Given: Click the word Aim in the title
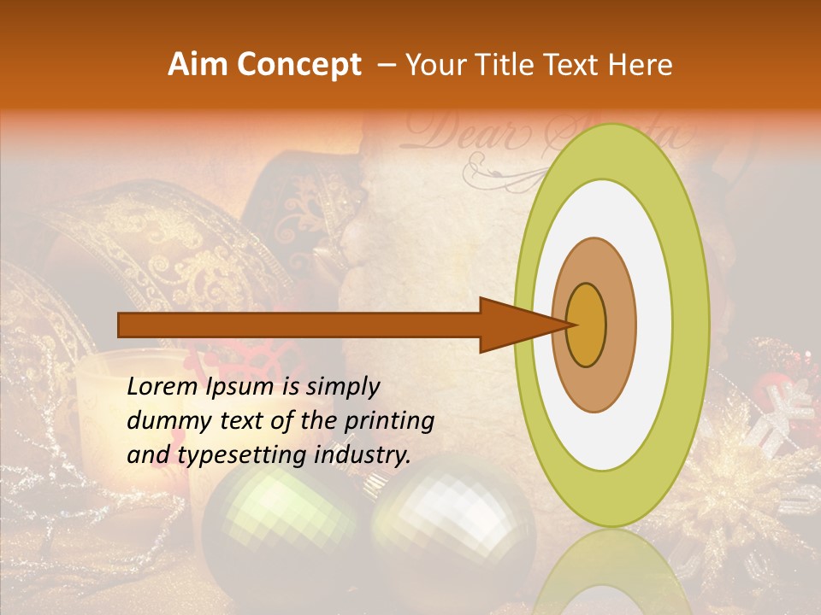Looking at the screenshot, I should click(x=199, y=65).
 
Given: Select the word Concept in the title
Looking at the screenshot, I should click(x=298, y=66).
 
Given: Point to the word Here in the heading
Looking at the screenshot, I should click(x=641, y=65).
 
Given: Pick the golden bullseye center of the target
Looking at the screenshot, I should click(x=586, y=325).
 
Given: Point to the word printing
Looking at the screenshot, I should click(x=388, y=421).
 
